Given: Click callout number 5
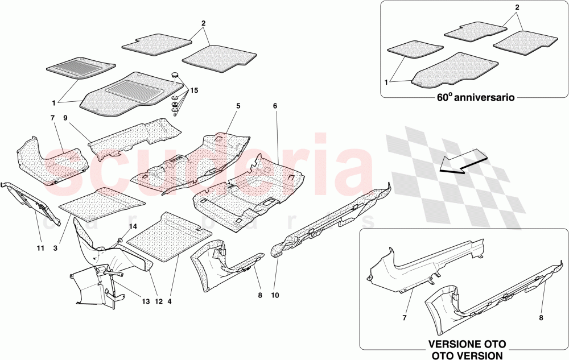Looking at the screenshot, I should pos(238,106).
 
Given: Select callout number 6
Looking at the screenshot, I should pos(275,106).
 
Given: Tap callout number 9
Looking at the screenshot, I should pos(65,118).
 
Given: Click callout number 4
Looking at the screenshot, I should pos(169,301).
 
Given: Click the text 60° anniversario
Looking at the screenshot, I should pos(476,98).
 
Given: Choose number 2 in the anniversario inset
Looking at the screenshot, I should pos(517,7).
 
